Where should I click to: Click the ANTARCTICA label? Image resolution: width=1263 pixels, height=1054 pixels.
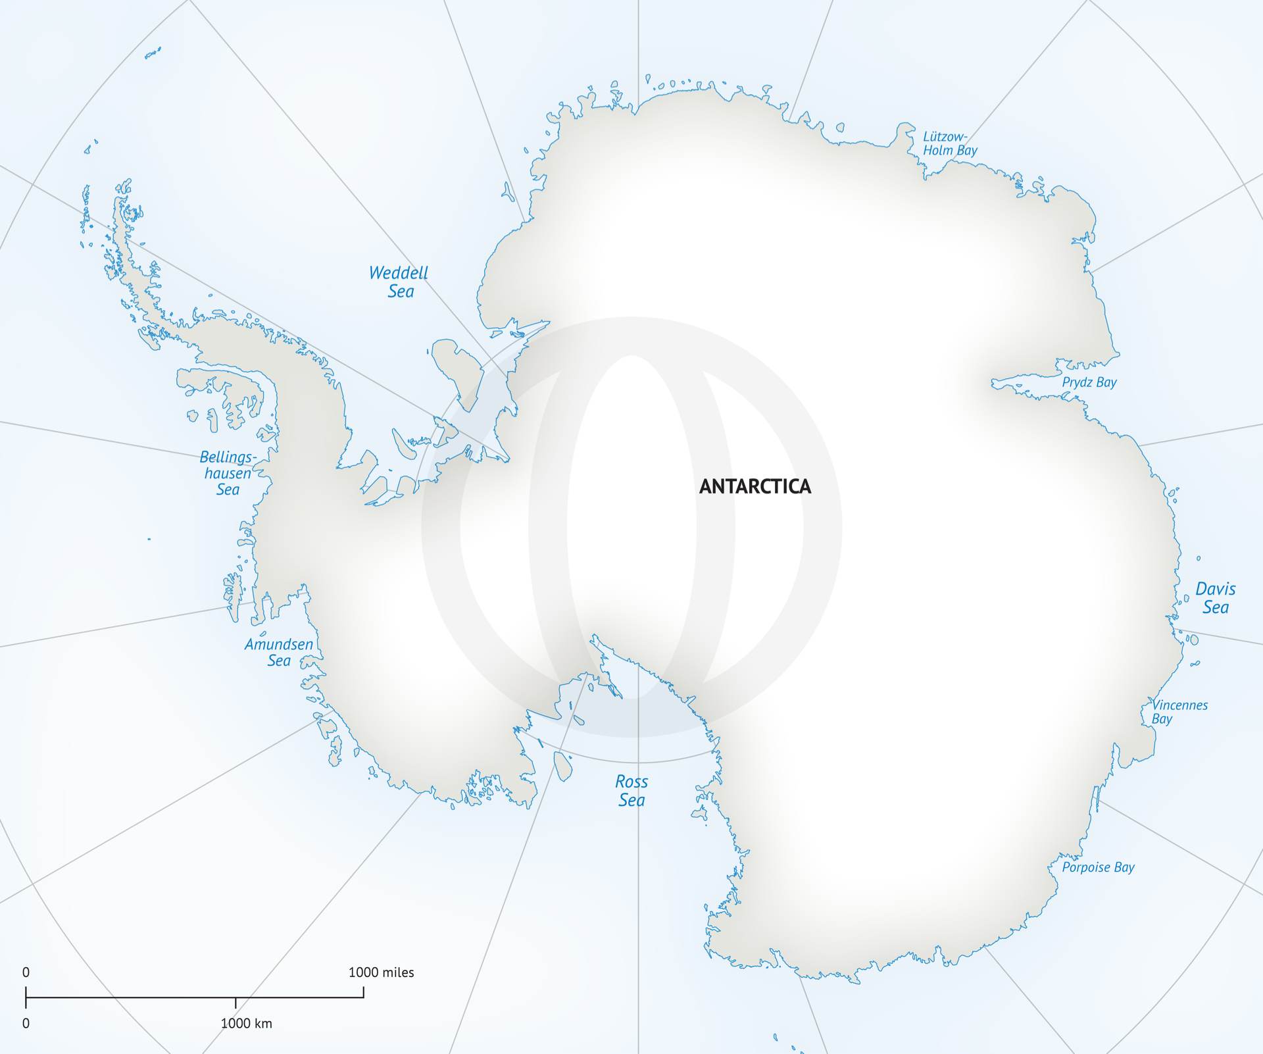click(x=755, y=487)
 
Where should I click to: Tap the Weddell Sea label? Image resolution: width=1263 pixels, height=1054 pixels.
click(x=399, y=282)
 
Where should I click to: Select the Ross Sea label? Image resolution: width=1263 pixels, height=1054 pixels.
click(x=631, y=791)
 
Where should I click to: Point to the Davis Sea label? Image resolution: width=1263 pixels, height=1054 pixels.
click(x=1215, y=598)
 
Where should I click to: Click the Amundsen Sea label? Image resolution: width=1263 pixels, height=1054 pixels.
click(x=278, y=652)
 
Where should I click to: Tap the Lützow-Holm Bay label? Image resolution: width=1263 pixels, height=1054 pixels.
click(x=949, y=143)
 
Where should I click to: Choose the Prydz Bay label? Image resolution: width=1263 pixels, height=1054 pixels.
click(x=1089, y=382)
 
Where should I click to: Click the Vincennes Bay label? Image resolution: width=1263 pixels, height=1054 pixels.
click(x=1179, y=712)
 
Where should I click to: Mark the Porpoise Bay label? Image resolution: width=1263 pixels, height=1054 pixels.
click(x=1098, y=867)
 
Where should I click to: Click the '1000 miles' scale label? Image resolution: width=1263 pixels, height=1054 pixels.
click(x=381, y=972)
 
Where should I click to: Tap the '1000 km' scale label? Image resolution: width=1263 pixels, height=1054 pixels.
click(x=246, y=1024)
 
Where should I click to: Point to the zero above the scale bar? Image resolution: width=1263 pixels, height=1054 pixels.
click(x=26, y=972)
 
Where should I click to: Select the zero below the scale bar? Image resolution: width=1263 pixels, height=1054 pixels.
click(x=26, y=1024)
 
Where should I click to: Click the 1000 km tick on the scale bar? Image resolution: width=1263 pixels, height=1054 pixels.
click(x=235, y=1002)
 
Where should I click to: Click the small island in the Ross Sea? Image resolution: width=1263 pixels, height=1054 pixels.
click(x=562, y=766)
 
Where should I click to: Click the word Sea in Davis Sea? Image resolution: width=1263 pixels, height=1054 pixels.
click(x=1216, y=607)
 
